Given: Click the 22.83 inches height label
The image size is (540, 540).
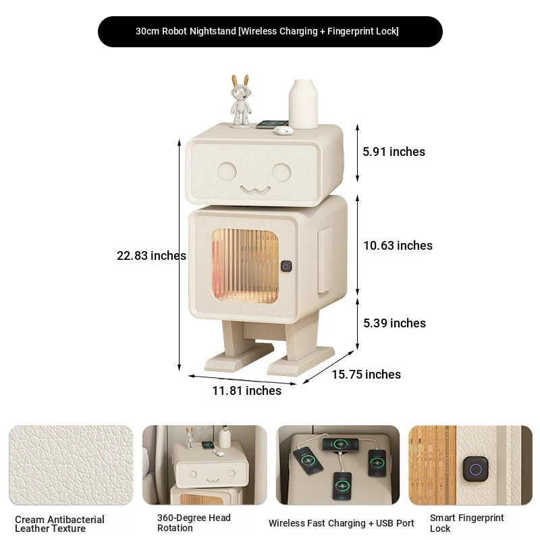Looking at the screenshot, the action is (x=151, y=256).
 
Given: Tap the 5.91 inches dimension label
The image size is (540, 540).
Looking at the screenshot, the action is (x=394, y=151).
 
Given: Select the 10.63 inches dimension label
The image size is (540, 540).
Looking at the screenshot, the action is (x=398, y=246).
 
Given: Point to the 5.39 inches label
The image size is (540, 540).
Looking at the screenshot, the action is (x=394, y=323).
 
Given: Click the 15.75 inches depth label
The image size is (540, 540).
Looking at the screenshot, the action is (x=366, y=375).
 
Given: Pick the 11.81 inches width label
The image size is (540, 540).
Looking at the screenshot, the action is (x=246, y=391).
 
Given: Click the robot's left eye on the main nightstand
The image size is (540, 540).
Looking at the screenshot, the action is (x=227, y=171).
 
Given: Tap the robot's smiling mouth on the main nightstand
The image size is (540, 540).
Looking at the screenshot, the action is (x=255, y=190).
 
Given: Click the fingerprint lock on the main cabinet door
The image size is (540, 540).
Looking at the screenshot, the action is (x=286, y=266).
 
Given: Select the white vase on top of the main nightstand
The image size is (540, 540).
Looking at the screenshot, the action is (x=303, y=104).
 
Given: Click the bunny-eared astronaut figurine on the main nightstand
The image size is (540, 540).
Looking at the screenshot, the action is (x=240, y=100).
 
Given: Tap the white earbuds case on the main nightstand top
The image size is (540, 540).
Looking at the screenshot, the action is (x=283, y=130).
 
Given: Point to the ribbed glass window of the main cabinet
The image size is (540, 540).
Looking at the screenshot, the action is (x=245, y=266).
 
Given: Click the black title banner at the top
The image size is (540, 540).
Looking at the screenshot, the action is (x=270, y=31).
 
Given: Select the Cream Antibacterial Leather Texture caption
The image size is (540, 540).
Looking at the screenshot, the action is (x=59, y=524).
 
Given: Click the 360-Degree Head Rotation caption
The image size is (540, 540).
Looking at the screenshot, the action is (x=194, y=522).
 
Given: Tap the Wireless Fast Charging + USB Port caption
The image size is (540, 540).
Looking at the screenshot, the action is (x=341, y=523).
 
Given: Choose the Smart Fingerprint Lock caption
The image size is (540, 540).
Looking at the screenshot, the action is (x=466, y=523).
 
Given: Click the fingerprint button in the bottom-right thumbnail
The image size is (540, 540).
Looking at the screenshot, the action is (x=476, y=469).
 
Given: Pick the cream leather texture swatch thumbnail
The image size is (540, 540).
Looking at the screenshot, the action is (x=71, y=465).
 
